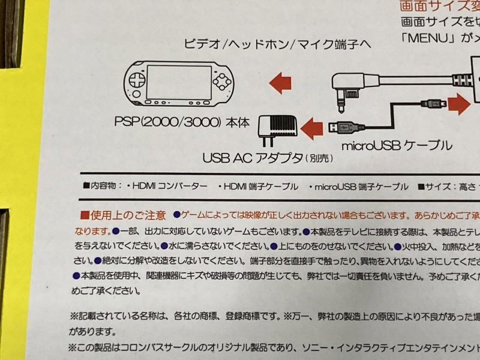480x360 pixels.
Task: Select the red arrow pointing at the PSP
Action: click(280, 82)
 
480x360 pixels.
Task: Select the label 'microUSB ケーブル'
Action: click(396, 145)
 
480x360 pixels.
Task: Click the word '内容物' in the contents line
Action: click(107, 187)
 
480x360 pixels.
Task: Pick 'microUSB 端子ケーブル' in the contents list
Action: click(359, 187)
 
